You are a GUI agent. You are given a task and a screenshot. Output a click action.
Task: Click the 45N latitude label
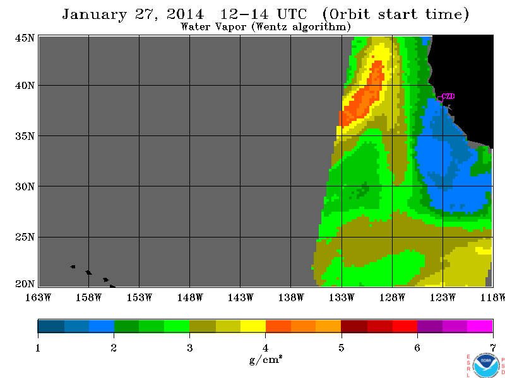point(25,38)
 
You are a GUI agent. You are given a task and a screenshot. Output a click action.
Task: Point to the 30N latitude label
point(25,186)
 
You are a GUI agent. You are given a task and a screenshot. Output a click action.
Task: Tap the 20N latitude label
point(25,284)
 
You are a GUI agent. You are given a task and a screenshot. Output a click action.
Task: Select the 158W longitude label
point(88,297)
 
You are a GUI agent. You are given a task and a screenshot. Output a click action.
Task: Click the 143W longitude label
point(241,297)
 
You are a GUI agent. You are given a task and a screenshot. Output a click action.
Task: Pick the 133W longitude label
point(342,297)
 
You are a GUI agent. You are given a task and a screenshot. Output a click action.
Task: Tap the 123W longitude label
point(443,297)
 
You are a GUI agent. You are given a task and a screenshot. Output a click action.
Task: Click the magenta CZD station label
point(449,96)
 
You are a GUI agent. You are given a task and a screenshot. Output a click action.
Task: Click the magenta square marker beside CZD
point(440,99)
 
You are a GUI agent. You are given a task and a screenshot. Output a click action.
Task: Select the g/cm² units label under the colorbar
point(266,359)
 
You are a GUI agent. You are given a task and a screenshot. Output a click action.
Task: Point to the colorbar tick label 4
point(265,348)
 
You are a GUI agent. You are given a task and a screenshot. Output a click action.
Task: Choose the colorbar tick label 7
point(493,348)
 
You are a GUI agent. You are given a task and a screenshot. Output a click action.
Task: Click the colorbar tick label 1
point(38,348)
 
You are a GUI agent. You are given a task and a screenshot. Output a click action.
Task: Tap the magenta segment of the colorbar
point(480,326)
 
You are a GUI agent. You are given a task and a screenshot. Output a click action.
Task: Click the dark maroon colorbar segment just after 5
point(354,326)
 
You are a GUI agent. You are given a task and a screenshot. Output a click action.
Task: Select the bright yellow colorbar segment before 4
point(253,326)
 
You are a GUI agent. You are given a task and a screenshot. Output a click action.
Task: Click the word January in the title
point(94,14)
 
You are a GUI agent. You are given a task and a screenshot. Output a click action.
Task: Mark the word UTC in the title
point(292,14)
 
